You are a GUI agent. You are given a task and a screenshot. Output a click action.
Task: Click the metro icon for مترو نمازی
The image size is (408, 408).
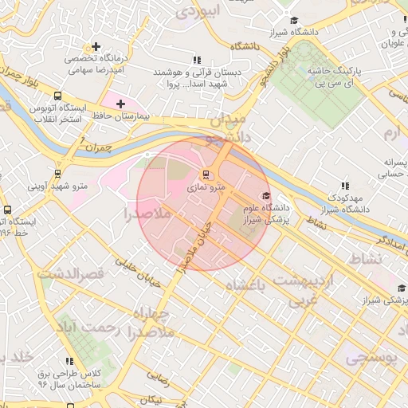[x=206, y=175]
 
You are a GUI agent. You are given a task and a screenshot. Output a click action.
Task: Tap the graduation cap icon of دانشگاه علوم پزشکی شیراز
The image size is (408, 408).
[x=265, y=196]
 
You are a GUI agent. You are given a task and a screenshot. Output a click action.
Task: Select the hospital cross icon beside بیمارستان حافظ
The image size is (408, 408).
[x=121, y=104]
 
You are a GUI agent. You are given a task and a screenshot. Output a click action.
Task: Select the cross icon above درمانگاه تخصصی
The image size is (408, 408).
[x=96, y=47]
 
